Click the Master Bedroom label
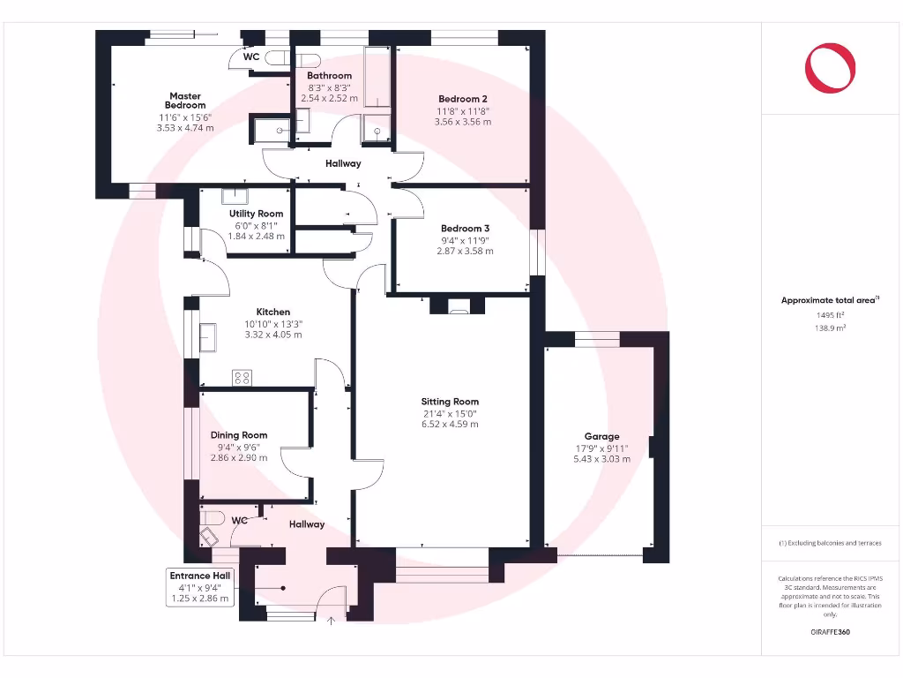tap(185, 101)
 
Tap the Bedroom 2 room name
tap(463, 99)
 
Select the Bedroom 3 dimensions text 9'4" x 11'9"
tap(465, 240)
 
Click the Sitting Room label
tap(450, 402)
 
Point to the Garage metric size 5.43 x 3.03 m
tap(601, 459)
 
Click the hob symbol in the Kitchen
tap(242, 378)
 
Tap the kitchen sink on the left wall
tap(209, 336)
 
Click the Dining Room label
tap(238, 435)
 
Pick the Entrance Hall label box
tap(201, 587)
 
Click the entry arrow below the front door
tap(332, 621)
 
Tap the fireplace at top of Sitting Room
tap(459, 306)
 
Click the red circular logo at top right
tap(830, 68)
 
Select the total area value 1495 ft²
tap(830, 314)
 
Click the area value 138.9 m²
tap(830, 327)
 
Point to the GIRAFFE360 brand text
tap(830, 632)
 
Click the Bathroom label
tap(329, 76)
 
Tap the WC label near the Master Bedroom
tap(250, 57)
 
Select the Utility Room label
tap(256, 214)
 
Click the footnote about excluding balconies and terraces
tap(830, 543)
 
